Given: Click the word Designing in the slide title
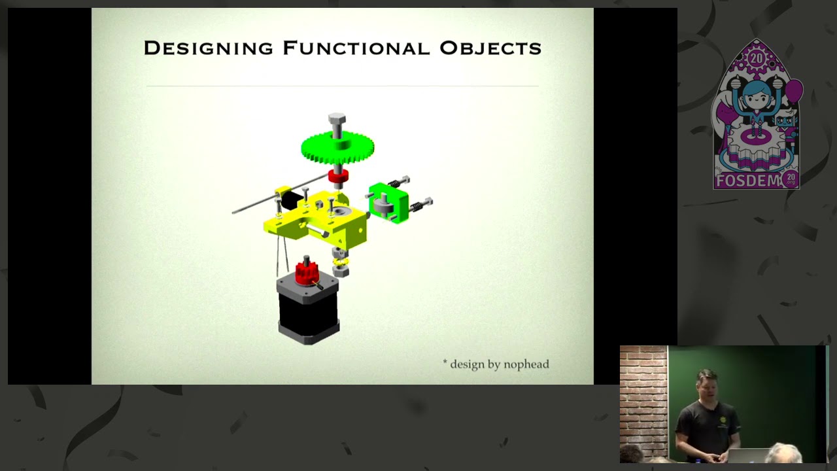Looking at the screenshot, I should pyautogui.click(x=208, y=48).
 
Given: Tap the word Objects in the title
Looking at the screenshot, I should pyautogui.click(x=490, y=48).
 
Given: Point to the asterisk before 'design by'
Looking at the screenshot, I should pyautogui.click(x=445, y=362).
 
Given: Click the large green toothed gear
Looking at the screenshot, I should pyautogui.click(x=337, y=147).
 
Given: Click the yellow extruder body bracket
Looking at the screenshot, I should pyautogui.click(x=320, y=219).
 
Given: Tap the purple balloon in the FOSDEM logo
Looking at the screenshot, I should pyautogui.click(x=794, y=91).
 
